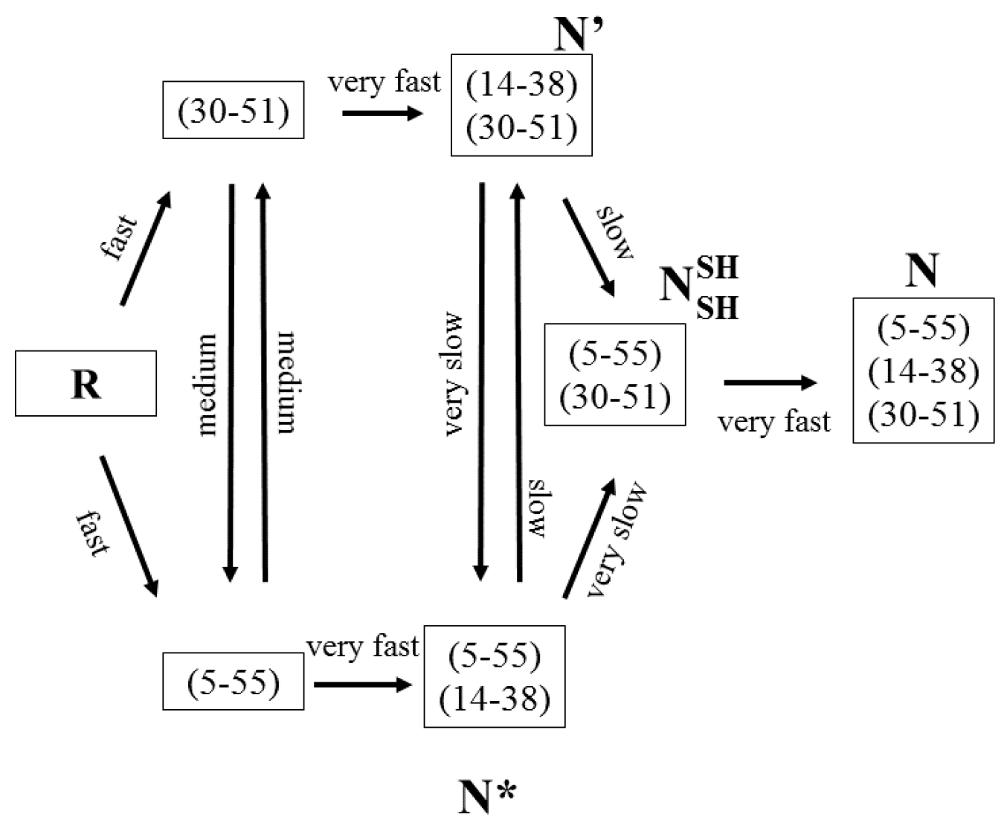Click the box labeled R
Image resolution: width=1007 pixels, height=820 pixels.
pyautogui.click(x=86, y=383)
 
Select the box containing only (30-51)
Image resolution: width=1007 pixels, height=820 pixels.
pyautogui.click(x=233, y=110)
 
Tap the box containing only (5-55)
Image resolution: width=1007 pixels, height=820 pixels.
pyautogui.click(x=233, y=682)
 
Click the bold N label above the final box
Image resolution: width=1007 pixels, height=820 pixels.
pyautogui.click(x=921, y=271)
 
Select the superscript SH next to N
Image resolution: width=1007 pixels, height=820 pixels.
pyautogui.click(x=717, y=268)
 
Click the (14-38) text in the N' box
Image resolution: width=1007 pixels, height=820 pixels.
pyautogui.click(x=521, y=84)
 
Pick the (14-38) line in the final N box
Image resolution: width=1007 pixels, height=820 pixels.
pyautogui.click(x=923, y=370)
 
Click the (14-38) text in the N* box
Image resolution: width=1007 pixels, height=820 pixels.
pyautogui.click(x=495, y=699)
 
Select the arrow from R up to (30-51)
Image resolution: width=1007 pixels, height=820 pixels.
pyautogui.click(x=146, y=249)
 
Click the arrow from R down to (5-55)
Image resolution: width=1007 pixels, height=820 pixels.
pyautogui.click(x=129, y=526)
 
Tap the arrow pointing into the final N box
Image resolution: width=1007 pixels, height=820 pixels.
pyautogui.click(x=770, y=382)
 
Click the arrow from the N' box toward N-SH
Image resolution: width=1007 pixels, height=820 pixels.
pyautogui.click(x=589, y=247)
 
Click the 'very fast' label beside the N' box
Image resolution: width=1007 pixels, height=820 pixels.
pyautogui.click(x=385, y=81)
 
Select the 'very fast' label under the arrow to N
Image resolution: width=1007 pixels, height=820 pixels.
pyautogui.click(x=773, y=422)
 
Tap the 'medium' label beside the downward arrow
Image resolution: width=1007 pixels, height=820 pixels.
pyautogui.click(x=206, y=384)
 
